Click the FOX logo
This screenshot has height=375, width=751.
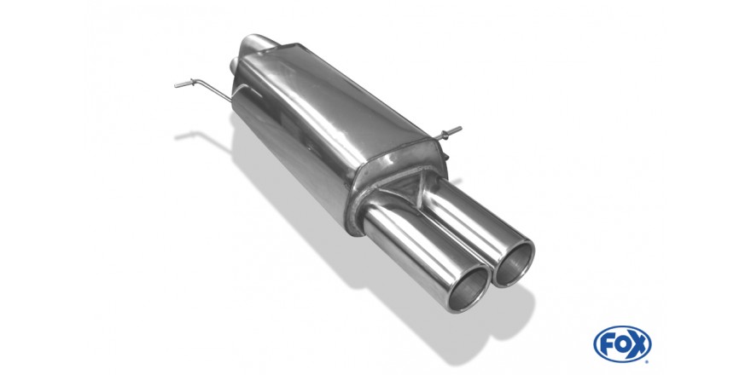pyautogui.click(x=622, y=344)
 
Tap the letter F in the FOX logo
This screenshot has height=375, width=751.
pyautogui.click(x=608, y=344)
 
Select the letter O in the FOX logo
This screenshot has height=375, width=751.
pyautogui.click(x=622, y=344)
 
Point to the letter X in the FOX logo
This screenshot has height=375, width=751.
pyautogui.click(x=638, y=344)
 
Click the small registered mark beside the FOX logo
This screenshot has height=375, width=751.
pyautogui.click(x=647, y=361)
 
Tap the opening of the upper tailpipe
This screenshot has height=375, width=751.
pyautogui.click(x=513, y=263)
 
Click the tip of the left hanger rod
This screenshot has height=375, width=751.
pyautogui.click(x=175, y=85)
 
